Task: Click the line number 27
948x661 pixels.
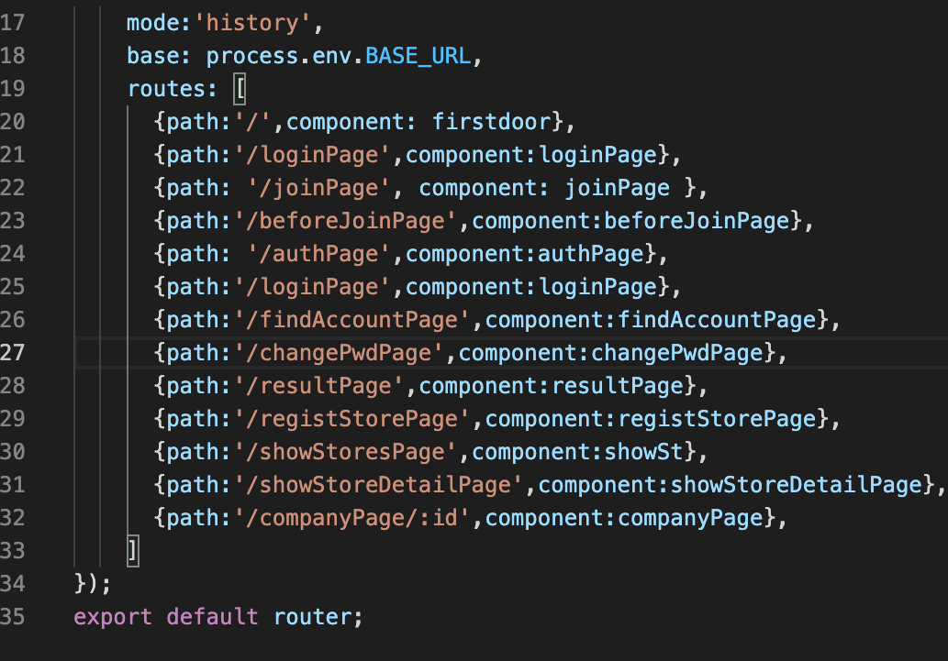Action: (x=13, y=353)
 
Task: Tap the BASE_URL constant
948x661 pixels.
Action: (x=418, y=56)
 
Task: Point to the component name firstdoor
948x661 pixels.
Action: (x=492, y=122)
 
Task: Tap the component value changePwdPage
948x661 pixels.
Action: (x=677, y=353)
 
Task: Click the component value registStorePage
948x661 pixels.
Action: (x=717, y=419)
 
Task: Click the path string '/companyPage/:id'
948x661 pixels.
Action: (x=351, y=518)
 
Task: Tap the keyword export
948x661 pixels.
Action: (x=113, y=616)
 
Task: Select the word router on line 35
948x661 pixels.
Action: (x=312, y=616)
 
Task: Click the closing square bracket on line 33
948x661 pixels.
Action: (x=133, y=551)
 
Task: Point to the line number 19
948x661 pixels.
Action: (x=13, y=89)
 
